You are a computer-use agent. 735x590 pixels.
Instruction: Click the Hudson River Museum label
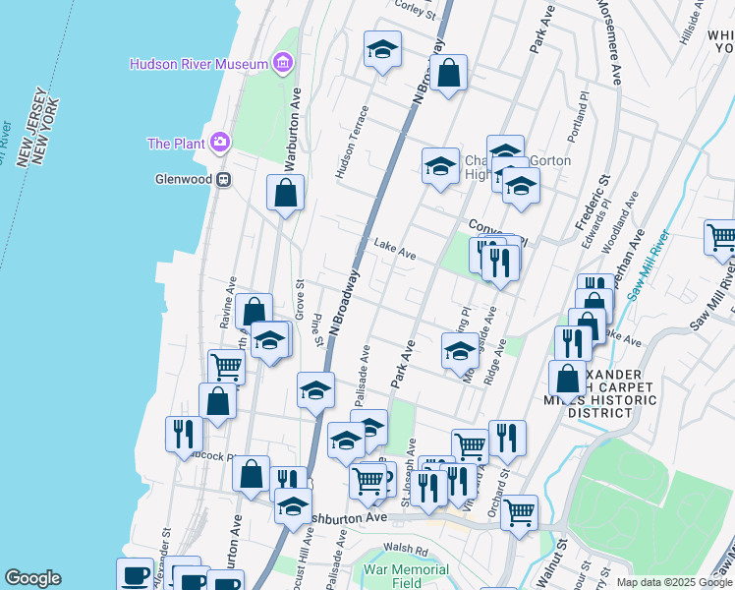click(199, 65)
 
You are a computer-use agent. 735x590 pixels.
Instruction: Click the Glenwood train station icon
click(224, 179)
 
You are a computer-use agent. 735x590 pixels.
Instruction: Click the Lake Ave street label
click(395, 250)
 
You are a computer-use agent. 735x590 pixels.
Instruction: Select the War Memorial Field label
click(406, 576)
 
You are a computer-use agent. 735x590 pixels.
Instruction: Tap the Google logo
click(33, 578)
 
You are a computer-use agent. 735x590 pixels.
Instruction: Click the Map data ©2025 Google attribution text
click(673, 582)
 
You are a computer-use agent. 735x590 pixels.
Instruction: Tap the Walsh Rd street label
click(406, 551)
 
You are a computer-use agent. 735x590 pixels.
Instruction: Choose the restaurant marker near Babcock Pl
click(184, 433)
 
